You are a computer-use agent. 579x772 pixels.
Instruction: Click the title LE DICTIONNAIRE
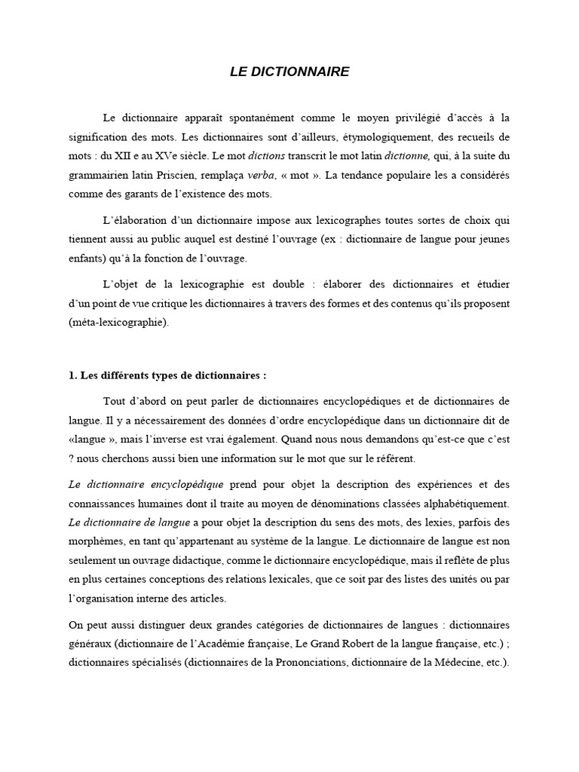pos(289,72)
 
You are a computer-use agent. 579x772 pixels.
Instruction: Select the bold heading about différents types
pos(167,376)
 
